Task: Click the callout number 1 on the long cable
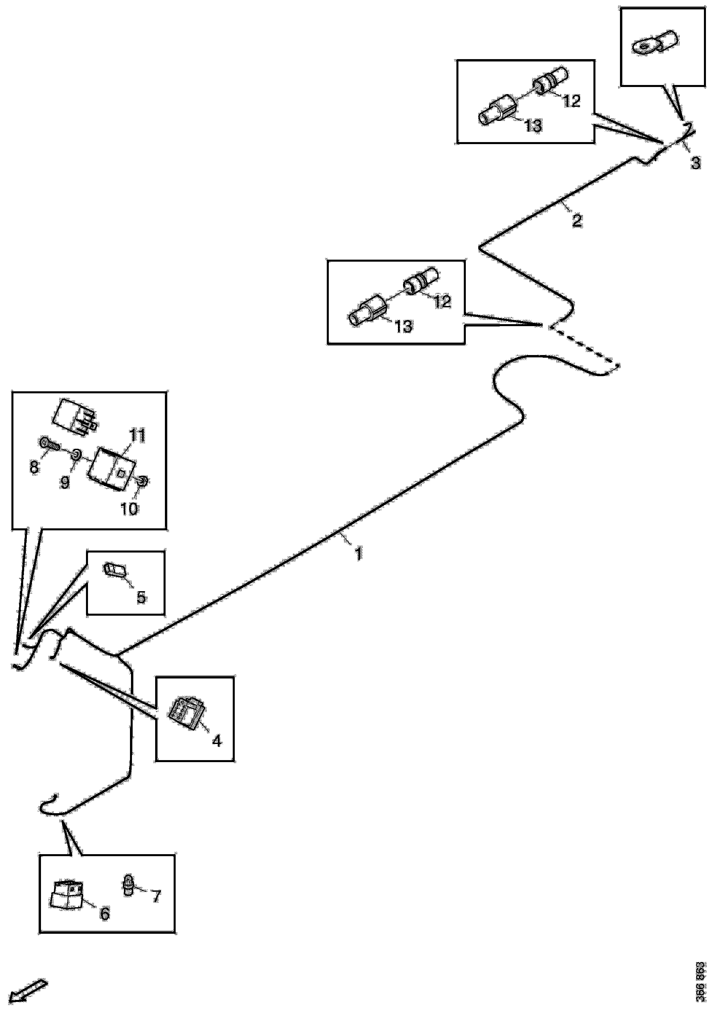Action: (359, 554)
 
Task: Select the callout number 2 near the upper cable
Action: (576, 220)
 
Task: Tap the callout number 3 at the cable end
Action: (695, 163)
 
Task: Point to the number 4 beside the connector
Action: (216, 741)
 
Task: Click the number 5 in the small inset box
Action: (141, 598)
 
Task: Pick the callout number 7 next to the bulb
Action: (156, 896)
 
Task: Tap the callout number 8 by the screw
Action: (34, 467)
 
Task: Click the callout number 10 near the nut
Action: (129, 509)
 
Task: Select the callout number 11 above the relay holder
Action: (137, 436)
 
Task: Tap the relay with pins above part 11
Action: (75, 416)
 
